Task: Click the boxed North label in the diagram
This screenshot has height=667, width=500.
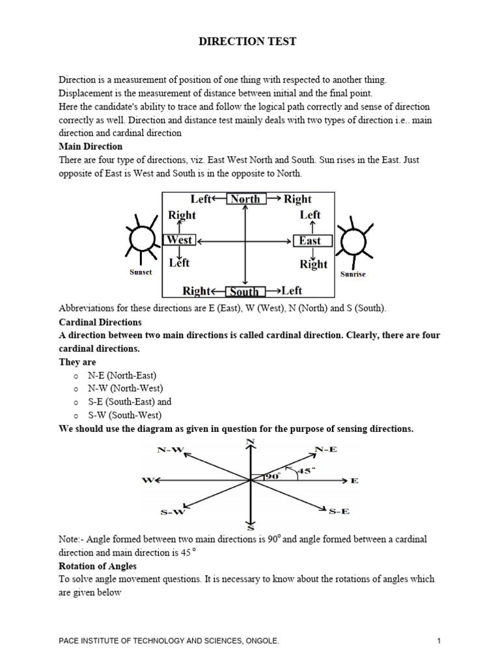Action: click(x=245, y=199)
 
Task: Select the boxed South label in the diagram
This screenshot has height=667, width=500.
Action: click(x=245, y=291)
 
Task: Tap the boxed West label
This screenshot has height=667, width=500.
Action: click(x=179, y=240)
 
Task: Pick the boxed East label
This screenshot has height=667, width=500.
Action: click(x=310, y=241)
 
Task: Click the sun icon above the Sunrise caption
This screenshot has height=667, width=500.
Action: click(x=352, y=241)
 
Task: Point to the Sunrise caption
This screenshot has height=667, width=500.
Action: click(x=353, y=274)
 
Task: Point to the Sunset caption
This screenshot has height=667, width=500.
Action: click(x=140, y=272)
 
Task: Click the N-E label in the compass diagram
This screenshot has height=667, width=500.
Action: click(x=326, y=449)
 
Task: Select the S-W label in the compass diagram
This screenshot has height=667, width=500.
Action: click(x=173, y=512)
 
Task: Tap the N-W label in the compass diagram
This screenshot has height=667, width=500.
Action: click(x=170, y=450)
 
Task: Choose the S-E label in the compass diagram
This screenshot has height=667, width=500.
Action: click(x=339, y=512)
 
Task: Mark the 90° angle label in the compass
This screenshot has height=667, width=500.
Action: click(x=271, y=476)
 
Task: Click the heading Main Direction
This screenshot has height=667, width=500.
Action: click(x=90, y=147)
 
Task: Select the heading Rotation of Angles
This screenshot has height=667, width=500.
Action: click(x=98, y=566)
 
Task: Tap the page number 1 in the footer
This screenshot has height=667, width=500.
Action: click(x=439, y=642)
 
